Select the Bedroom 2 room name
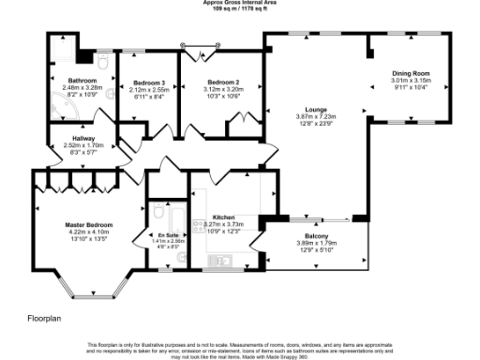click(x=222, y=82)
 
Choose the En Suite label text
click(x=169, y=233)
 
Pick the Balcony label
click(x=315, y=235)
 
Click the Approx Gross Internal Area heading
click(x=239, y=3)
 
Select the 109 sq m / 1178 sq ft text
click(x=239, y=9)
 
